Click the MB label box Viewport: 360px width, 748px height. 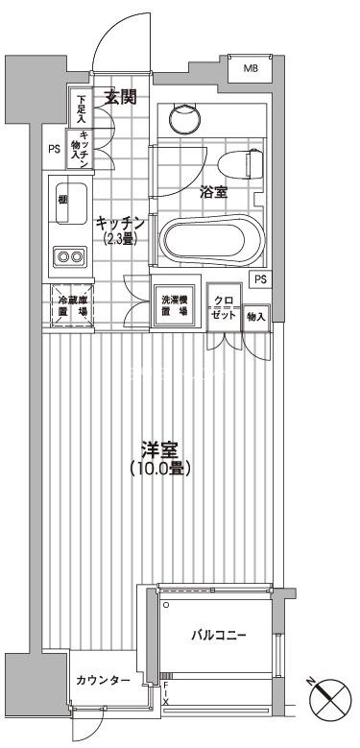coord(250,69)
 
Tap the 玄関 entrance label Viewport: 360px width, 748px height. coord(120,96)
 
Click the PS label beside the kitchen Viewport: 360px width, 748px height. coord(53,149)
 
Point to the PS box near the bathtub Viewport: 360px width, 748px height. coord(260,278)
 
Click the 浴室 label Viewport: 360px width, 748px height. coord(213,193)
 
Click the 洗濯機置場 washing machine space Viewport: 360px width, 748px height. coord(175,306)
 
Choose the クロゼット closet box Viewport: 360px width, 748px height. coord(223,308)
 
